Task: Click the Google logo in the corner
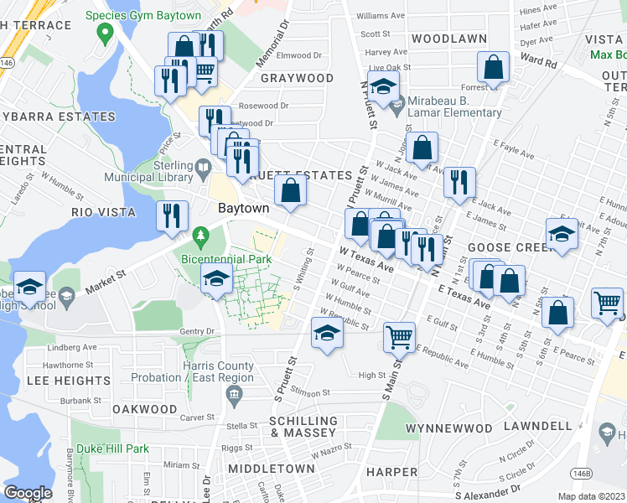(x=28, y=493)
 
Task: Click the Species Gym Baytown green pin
(x=105, y=34)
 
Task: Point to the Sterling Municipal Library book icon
(x=203, y=170)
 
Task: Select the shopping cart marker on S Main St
(x=400, y=337)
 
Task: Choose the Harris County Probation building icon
(x=236, y=392)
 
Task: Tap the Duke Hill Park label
(x=110, y=449)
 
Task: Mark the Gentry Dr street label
(x=198, y=333)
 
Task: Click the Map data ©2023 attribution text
(x=588, y=496)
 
